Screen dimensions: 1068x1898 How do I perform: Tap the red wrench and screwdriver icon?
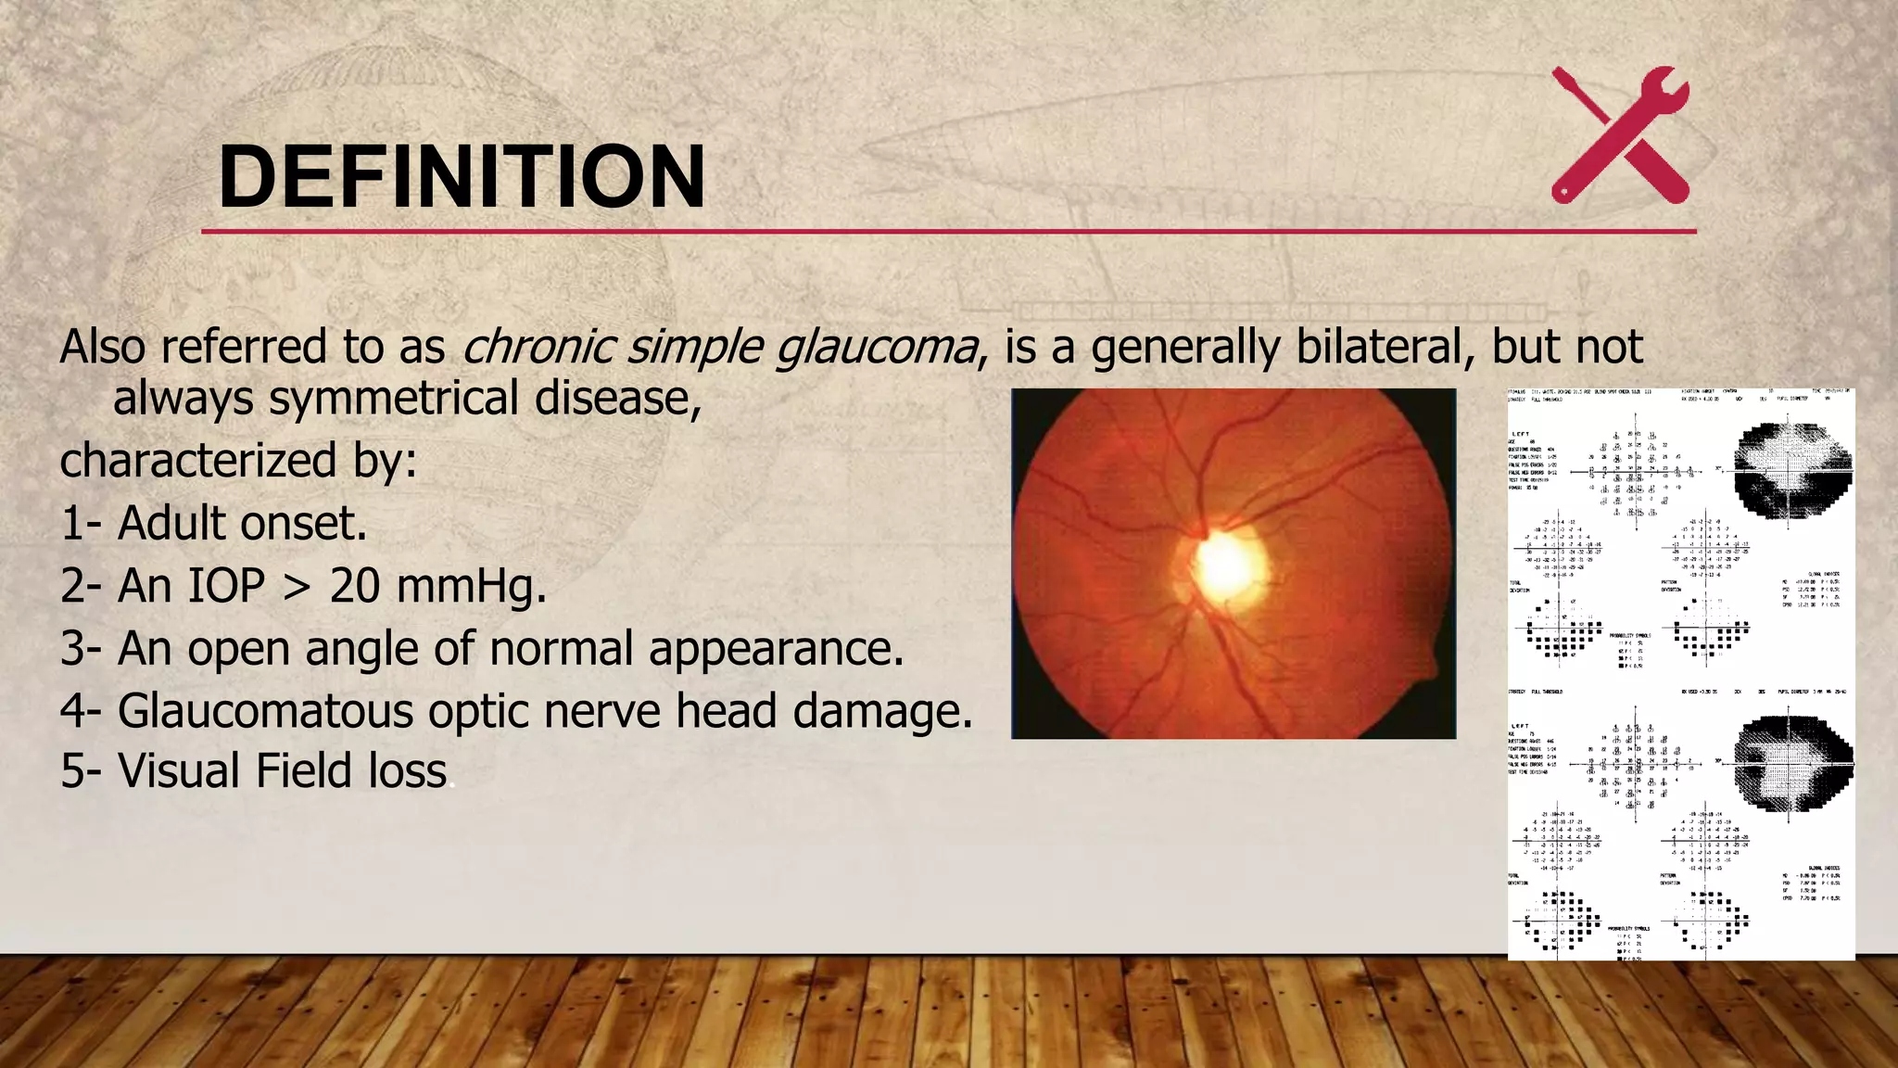coord(1620,135)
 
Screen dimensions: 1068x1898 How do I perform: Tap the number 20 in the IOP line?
coord(354,586)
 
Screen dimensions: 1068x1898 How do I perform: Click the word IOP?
coord(226,586)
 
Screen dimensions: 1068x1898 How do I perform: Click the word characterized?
coord(198,461)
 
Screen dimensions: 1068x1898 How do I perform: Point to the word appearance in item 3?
coord(776,649)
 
